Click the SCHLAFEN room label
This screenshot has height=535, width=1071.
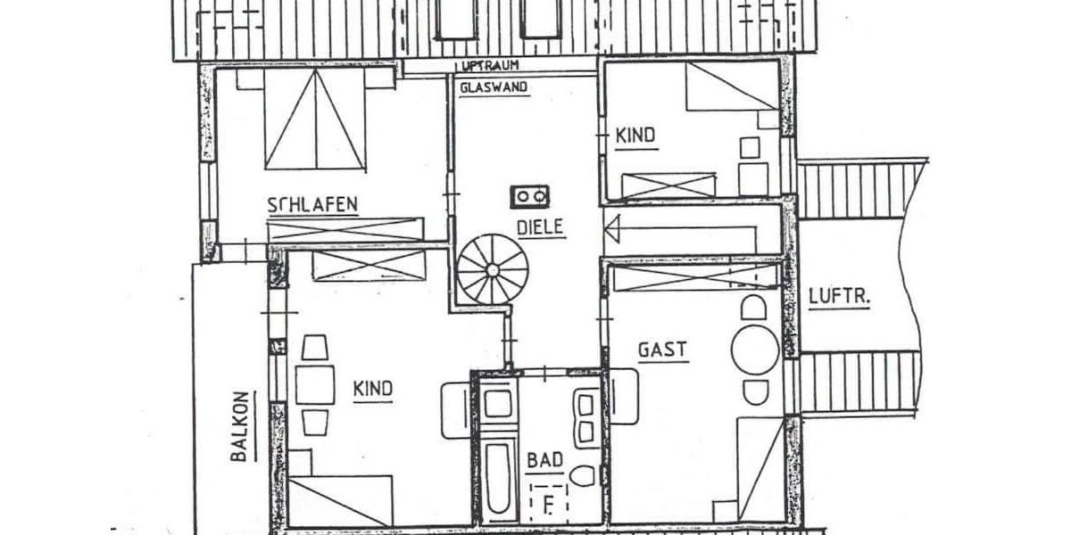pos(312,204)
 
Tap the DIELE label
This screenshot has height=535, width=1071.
pos(540,227)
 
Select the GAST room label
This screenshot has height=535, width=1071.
pos(662,349)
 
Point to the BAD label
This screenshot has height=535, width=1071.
pos(544,460)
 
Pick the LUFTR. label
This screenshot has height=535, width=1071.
pos(839,297)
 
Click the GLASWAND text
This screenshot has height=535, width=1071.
pos(494,87)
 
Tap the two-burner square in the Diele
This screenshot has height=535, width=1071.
pos(530,195)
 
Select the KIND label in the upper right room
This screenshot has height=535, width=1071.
pos(635,136)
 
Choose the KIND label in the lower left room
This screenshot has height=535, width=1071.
pos(373,390)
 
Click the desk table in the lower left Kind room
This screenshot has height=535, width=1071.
pos(314,384)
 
